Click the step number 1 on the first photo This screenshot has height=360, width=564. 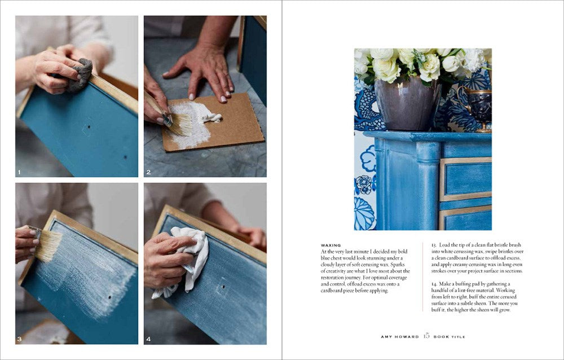19,172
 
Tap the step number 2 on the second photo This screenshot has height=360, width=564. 148,172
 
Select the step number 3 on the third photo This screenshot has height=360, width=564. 19,339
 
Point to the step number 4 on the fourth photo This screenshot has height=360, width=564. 149,339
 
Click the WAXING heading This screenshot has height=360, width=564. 331,245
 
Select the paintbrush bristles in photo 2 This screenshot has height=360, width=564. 179,124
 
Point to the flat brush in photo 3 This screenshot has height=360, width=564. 47,244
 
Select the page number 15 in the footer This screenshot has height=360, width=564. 426,336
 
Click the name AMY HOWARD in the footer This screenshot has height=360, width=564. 399,337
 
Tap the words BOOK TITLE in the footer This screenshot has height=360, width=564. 450,337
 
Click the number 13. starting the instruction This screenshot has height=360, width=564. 434,245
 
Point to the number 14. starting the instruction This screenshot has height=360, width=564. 434,284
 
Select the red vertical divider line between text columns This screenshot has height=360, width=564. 422,276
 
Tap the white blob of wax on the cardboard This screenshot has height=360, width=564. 211,116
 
